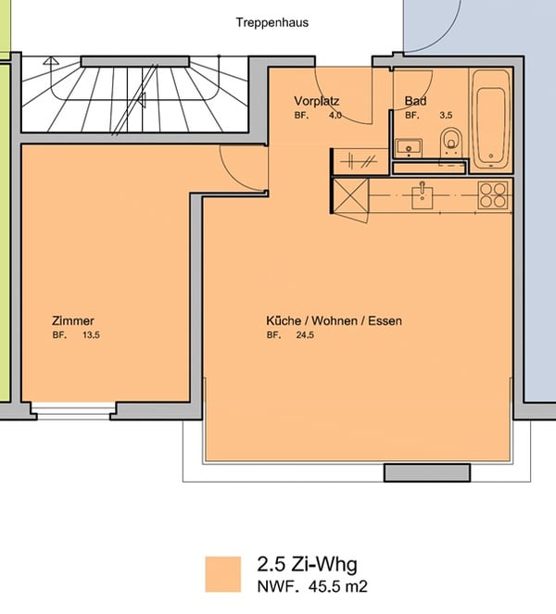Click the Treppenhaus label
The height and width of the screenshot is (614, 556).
pyautogui.click(x=272, y=22)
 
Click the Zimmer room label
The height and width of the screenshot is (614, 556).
pyautogui.click(x=73, y=320)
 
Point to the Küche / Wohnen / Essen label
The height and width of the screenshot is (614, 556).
pyautogui.click(x=334, y=320)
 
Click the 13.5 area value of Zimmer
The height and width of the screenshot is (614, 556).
pyautogui.click(x=90, y=335)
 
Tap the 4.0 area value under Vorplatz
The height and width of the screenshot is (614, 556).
pyautogui.click(x=335, y=115)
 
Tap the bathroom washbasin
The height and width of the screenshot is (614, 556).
pyautogui.click(x=408, y=146)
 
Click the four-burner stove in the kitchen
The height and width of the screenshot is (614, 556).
pyautogui.click(x=493, y=194)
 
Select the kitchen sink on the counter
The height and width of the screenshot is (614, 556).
pyautogui.click(x=423, y=194)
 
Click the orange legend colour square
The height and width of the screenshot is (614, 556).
pyautogui.click(x=223, y=573)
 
